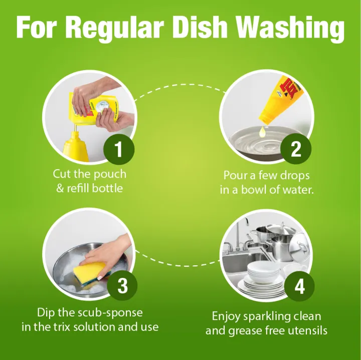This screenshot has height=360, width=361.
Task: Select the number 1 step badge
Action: pyautogui.click(x=118, y=150)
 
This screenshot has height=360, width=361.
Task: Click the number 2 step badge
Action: pyautogui.click(x=296, y=150)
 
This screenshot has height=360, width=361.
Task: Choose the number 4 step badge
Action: pyautogui.click(x=299, y=286)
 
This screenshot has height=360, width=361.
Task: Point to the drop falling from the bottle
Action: pyautogui.click(x=261, y=131)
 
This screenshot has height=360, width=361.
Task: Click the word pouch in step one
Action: pyautogui.click(x=110, y=175)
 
